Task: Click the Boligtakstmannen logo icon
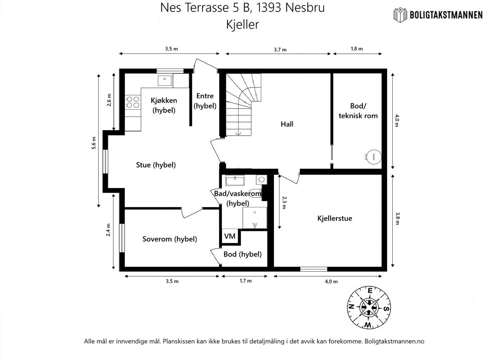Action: point(400,14)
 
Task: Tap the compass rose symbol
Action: point(370,307)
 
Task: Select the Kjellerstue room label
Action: point(334,218)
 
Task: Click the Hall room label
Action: point(287,124)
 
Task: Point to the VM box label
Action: point(230,236)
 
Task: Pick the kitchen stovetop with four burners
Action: point(133,102)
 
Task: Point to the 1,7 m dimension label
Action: point(245,281)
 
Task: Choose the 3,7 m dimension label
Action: point(280,49)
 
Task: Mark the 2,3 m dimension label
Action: point(284,202)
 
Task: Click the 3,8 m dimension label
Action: point(398,218)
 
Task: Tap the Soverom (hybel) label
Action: point(169,239)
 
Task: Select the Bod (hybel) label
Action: point(242,254)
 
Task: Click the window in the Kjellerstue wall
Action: point(313,269)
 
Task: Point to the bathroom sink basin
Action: point(235,180)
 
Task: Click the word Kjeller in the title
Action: point(242,24)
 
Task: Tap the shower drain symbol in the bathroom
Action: point(255,226)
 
